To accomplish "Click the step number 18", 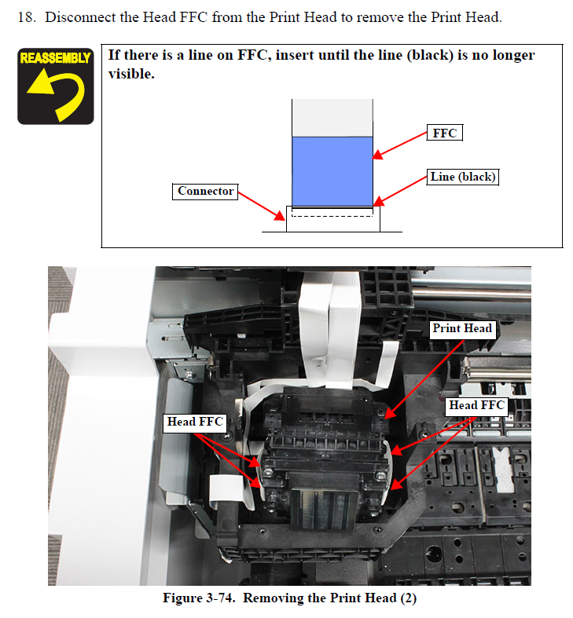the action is click(x=26, y=17).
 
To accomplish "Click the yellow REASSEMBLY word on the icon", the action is click(x=55, y=58).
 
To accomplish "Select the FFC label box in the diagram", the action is click(x=444, y=133).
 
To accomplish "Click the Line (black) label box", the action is click(x=462, y=177).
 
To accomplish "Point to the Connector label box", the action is click(x=205, y=192).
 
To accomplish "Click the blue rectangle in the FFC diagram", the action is click(x=332, y=171).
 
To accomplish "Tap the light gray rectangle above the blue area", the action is click(x=332, y=118).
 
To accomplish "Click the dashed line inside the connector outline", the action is click(x=332, y=216).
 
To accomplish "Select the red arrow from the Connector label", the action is click(x=261, y=206).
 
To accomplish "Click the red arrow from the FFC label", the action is click(x=400, y=145).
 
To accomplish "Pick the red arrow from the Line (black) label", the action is click(x=400, y=191).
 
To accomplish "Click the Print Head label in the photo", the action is click(x=462, y=329).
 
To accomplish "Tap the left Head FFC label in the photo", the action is click(x=195, y=422).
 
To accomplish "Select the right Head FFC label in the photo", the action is click(x=476, y=406).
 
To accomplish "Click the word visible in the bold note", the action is click(x=131, y=74).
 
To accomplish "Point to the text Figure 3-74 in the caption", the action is click(x=199, y=598).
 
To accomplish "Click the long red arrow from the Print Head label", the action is click(x=424, y=379).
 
